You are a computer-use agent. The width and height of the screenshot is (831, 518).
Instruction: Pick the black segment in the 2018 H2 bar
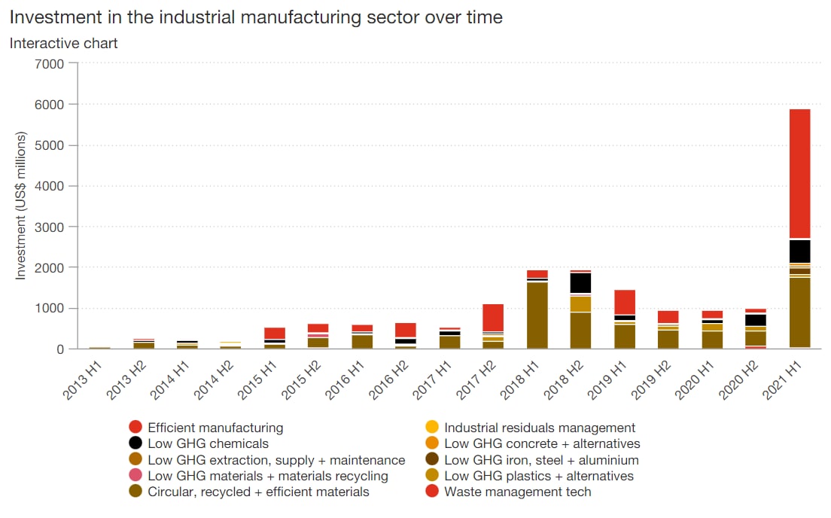tap(580, 282)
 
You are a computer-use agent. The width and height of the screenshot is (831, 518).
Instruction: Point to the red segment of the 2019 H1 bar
tap(624, 302)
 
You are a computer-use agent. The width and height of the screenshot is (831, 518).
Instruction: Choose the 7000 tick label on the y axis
tap(50, 63)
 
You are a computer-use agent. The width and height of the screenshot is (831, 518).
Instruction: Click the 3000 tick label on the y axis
tap(50, 227)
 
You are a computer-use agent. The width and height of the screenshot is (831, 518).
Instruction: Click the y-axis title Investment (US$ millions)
tap(21, 206)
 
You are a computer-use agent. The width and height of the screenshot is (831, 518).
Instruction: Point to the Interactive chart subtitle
tap(63, 43)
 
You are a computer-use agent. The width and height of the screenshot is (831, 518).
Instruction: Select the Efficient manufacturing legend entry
tap(215, 428)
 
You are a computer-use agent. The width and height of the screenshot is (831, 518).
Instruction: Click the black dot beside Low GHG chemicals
tap(135, 443)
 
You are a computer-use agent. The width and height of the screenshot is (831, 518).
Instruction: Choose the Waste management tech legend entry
tap(517, 492)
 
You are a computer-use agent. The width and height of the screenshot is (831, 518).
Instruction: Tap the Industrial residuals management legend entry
tap(540, 428)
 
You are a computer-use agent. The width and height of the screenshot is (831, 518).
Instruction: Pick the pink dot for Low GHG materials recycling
tap(135, 476)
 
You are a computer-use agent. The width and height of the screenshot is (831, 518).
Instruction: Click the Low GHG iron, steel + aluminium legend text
tap(541, 460)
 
